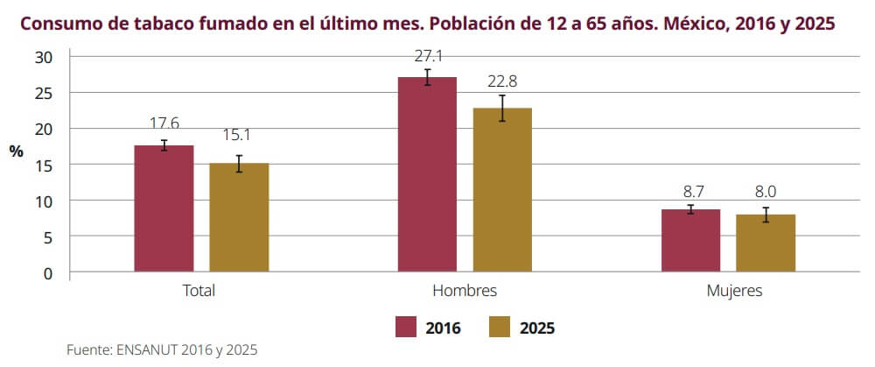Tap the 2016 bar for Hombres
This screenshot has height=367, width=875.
click(427, 174)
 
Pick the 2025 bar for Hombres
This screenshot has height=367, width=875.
click(502, 190)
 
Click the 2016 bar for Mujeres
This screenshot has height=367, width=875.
click(690, 241)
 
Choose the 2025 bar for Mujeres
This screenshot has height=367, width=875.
click(766, 243)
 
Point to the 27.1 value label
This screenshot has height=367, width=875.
click(427, 56)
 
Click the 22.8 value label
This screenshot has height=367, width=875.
click(502, 81)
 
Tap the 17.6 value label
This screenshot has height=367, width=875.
click(164, 124)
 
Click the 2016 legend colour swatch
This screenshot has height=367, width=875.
click(403, 328)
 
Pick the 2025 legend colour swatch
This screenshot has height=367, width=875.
click(498, 328)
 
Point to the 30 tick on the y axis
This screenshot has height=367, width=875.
click(45, 57)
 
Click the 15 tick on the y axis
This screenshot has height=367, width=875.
click(45, 165)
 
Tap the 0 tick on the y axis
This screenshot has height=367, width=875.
click(49, 272)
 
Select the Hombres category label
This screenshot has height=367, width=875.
click(465, 291)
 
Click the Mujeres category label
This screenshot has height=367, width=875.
click(734, 291)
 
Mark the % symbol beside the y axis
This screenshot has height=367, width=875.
click(16, 151)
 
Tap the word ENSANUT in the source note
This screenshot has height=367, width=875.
click(145, 349)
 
